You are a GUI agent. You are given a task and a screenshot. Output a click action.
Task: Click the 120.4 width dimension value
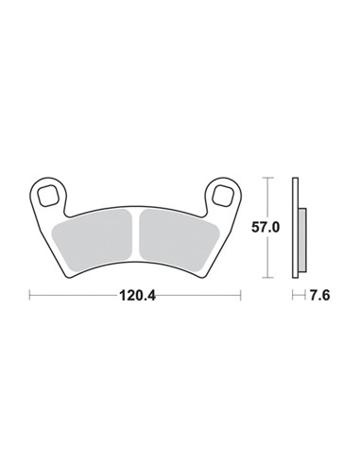(137, 296)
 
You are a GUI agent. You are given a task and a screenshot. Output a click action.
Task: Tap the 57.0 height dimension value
(266, 227)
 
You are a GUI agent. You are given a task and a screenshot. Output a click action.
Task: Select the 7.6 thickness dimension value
(320, 296)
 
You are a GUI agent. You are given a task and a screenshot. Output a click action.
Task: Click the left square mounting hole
(48, 196)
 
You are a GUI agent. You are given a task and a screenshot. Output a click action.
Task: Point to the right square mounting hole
(223, 196)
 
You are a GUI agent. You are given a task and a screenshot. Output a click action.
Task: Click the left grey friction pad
(93, 240)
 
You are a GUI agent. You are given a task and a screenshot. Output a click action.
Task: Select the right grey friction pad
(180, 240)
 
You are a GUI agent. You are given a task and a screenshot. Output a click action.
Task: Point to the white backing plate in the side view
(295, 228)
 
